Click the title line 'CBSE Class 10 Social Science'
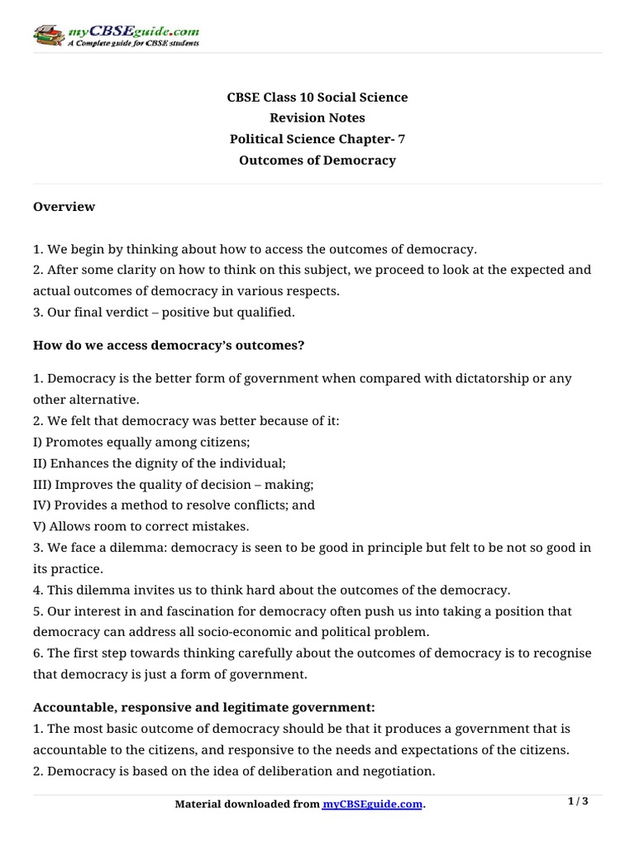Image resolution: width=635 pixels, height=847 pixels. pyautogui.click(x=317, y=98)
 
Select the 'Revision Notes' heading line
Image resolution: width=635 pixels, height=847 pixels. pyautogui.click(x=317, y=118)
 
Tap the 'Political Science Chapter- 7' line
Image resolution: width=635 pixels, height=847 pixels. pyautogui.click(x=317, y=139)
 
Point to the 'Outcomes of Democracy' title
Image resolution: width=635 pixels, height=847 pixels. pyautogui.click(x=317, y=160)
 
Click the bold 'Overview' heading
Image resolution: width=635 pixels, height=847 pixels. pyautogui.click(x=64, y=207)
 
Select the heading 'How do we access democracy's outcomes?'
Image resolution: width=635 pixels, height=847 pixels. pyautogui.click(x=169, y=345)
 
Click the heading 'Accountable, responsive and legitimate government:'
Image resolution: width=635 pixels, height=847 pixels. pyautogui.click(x=204, y=707)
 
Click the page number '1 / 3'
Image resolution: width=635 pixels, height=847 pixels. pyautogui.click(x=579, y=801)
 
